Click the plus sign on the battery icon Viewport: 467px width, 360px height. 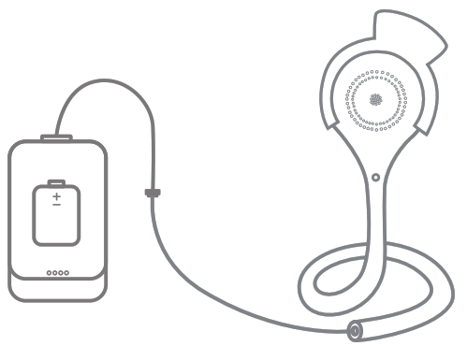tap(56, 196)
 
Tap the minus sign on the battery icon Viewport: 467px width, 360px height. tap(56, 205)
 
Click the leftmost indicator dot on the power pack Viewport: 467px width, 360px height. tap(49, 274)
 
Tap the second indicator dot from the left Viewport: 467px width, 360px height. tap(54, 274)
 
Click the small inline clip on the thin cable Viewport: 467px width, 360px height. tap(152, 194)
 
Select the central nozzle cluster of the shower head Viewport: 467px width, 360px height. tap(377, 99)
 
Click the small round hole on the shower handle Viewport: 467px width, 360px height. tap(375, 175)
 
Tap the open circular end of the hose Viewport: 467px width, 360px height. tap(357, 330)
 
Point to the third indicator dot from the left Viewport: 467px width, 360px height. tap(60, 274)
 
